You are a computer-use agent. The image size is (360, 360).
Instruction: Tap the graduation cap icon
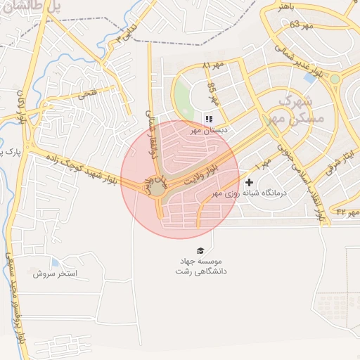coord(201,251)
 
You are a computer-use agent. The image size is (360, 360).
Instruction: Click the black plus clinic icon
coord(249,183)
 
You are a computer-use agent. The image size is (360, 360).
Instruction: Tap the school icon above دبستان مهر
coord(208,118)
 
